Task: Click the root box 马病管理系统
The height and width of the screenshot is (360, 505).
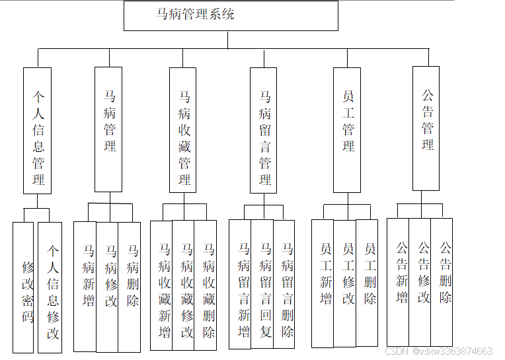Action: tap(231, 15)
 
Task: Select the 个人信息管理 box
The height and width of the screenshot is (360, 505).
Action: tap(37, 130)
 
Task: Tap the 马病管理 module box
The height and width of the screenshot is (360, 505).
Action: tap(108, 129)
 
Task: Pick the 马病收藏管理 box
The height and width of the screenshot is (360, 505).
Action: tap(183, 130)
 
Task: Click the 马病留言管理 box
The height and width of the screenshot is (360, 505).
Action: tap(264, 130)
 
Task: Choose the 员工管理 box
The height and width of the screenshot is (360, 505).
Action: tap(347, 129)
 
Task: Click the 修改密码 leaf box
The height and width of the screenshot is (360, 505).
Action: tap(24, 287)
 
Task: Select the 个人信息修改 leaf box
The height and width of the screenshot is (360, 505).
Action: tap(50, 287)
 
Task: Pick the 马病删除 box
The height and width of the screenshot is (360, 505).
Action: tap(130, 286)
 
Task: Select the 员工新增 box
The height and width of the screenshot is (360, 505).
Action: tap(323, 283)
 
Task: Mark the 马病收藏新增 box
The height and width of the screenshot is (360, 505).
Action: tap(162, 285)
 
